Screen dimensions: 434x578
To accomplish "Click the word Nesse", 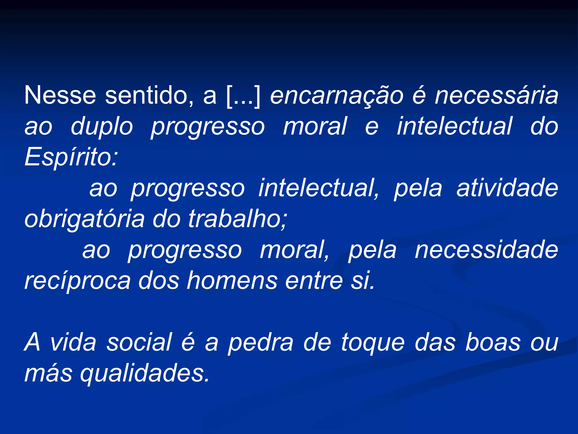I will pyautogui.click(x=60, y=95).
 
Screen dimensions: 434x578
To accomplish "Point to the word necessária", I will pyautogui.click(x=496, y=95).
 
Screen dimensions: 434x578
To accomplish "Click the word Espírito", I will pyautogui.click(x=71, y=157).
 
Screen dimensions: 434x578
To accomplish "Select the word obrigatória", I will pyautogui.click(x=84, y=219).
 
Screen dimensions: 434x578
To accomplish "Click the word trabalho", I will pyautogui.click(x=237, y=219).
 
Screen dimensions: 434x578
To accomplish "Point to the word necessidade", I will pyautogui.click(x=486, y=250).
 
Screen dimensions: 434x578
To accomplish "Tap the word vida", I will pyautogui.click(x=73, y=342).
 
